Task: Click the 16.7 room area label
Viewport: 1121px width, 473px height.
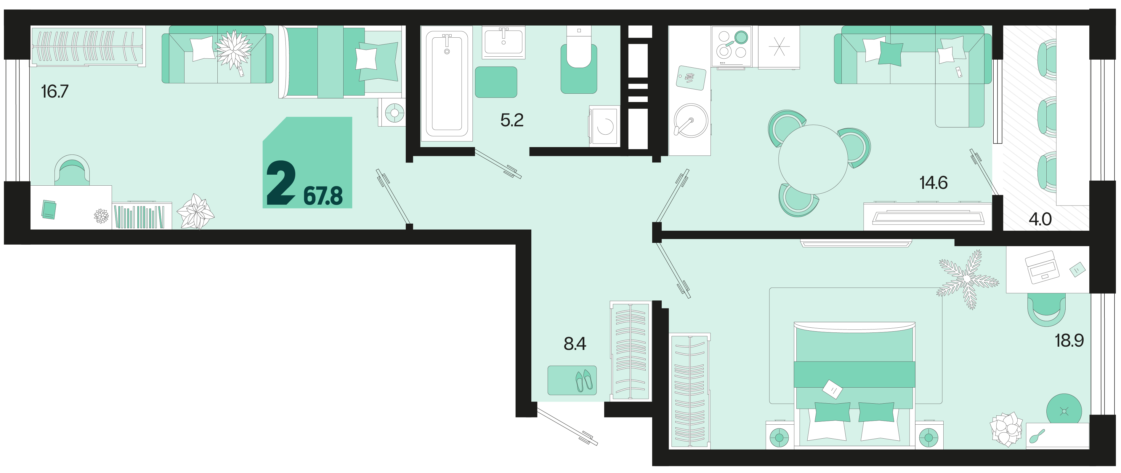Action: [55, 91]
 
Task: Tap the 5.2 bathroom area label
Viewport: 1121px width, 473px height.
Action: [512, 120]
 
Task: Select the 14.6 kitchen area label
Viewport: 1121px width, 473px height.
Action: [934, 183]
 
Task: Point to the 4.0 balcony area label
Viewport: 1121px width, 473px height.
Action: [1040, 219]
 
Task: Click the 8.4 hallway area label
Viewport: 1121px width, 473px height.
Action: [575, 344]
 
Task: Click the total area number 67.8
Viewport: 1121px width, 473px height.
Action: [323, 196]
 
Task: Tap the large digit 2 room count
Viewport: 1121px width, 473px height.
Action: [281, 182]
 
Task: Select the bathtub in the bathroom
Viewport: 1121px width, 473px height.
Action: [447, 84]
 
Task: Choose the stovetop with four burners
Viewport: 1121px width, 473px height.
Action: [732, 46]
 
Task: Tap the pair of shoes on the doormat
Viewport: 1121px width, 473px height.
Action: [584, 380]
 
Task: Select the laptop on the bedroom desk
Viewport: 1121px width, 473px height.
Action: [1042, 267]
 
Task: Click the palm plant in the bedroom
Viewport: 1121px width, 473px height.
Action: [967, 279]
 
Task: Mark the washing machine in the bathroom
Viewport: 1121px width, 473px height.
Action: [604, 126]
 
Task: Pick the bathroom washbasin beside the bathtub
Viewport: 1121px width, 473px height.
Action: [503, 42]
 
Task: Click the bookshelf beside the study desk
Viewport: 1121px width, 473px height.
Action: [142, 216]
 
